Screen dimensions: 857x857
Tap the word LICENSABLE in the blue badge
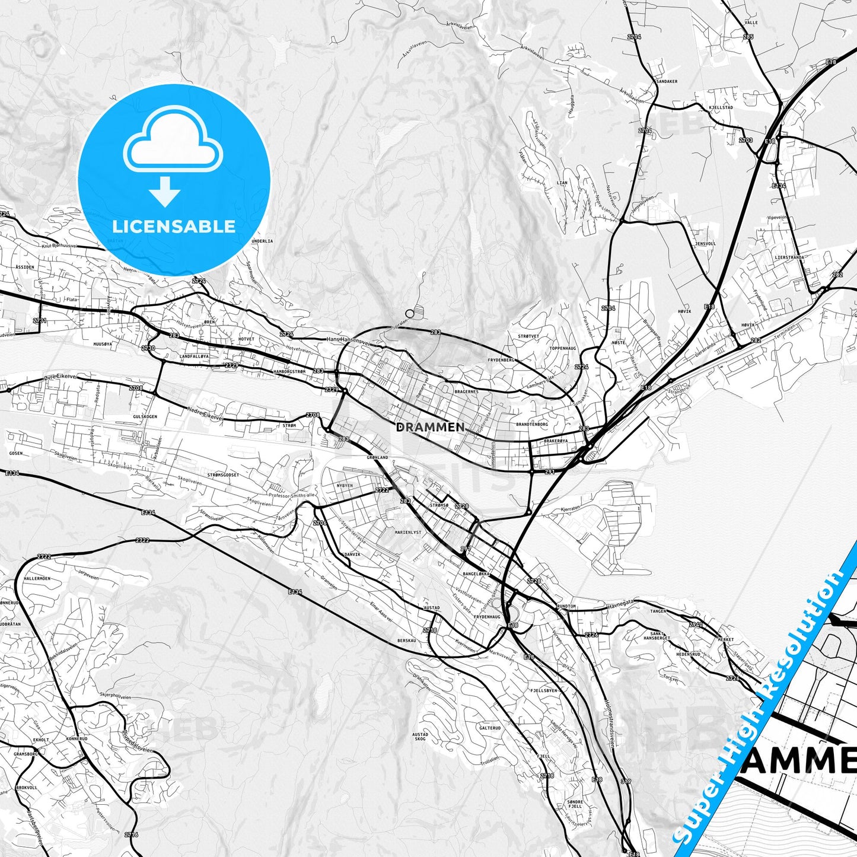[174, 226]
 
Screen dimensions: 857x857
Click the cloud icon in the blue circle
[173, 144]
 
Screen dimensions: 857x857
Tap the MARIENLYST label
[407, 532]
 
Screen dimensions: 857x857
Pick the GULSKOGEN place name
[145, 417]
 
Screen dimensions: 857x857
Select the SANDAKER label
[667, 81]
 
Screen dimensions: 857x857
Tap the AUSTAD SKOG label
[420, 737]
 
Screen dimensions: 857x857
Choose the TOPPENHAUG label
[563, 348]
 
